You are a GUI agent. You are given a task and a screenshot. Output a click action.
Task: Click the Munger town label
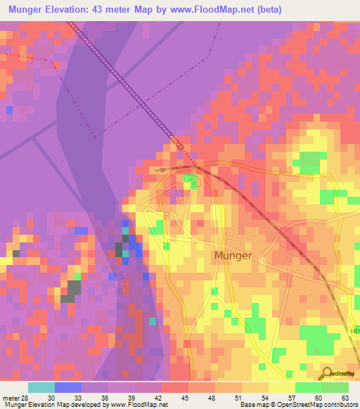[232, 256]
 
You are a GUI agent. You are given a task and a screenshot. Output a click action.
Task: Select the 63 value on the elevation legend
[345, 397]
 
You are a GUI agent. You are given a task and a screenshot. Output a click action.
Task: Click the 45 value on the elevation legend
[184, 397]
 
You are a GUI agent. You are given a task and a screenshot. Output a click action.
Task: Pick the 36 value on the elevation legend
[104, 397]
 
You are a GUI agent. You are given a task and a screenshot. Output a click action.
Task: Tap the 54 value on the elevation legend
[264, 397]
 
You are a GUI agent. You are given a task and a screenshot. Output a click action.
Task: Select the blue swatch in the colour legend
[68, 387]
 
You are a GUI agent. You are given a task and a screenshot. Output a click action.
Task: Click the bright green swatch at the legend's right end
[335, 387]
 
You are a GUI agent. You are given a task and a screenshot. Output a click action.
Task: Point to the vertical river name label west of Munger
[120, 272]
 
